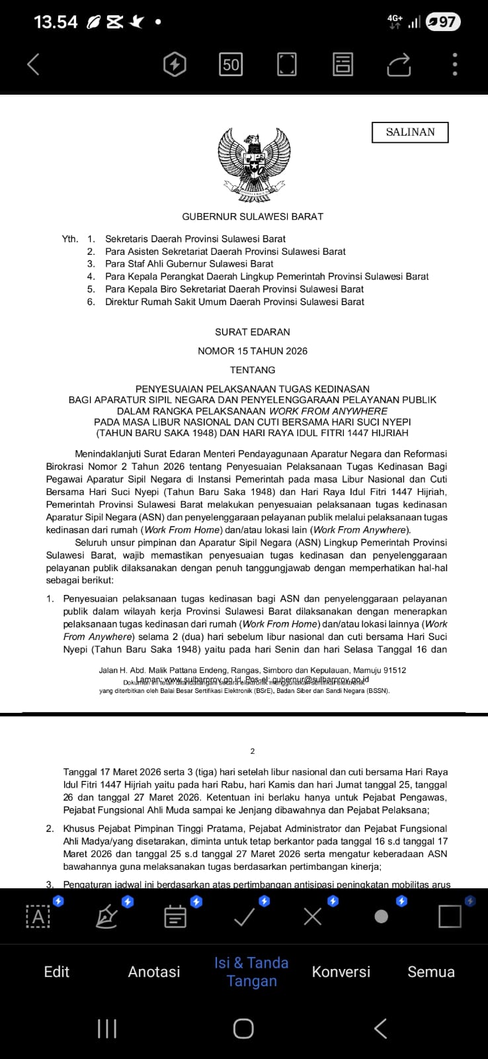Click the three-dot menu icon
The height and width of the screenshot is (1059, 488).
click(x=454, y=64)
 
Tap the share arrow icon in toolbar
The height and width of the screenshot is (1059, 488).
click(x=399, y=64)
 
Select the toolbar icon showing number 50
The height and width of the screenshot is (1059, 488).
click(x=231, y=64)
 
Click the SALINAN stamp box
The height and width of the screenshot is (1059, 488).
click(x=410, y=132)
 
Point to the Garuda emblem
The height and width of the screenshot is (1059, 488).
click(x=254, y=165)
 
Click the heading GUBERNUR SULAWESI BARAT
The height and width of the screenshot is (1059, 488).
click(x=253, y=216)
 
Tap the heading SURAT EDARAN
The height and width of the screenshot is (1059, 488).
click(x=253, y=332)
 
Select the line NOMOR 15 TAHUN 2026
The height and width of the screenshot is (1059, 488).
click(x=253, y=351)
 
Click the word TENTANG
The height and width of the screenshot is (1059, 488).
click(x=253, y=370)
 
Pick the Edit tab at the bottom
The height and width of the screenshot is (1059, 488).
click(x=56, y=972)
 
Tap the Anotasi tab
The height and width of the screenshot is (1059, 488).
click(x=154, y=972)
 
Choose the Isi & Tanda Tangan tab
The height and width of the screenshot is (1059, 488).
click(x=251, y=972)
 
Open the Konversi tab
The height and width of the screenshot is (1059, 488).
click(x=341, y=972)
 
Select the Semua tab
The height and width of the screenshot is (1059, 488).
click(x=431, y=972)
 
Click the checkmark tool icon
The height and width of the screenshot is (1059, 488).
click(x=245, y=917)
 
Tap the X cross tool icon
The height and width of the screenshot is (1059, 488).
click(x=313, y=917)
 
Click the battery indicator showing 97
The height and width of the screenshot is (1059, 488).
click(x=442, y=22)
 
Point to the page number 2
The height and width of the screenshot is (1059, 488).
click(x=253, y=751)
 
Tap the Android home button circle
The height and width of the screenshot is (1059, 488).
click(x=243, y=1029)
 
